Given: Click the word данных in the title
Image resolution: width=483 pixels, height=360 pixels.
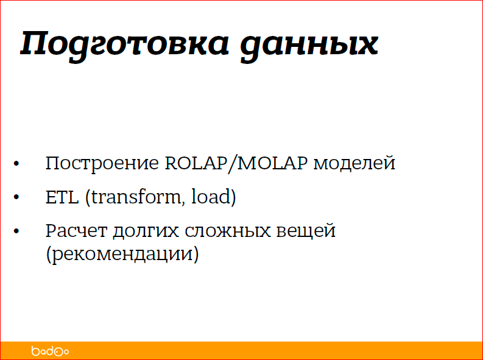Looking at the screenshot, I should pyautogui.click(x=309, y=44).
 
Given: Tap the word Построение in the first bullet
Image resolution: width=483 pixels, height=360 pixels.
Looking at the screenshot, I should pyautogui.click(x=102, y=164).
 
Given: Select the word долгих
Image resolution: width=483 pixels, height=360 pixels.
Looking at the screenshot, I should pyautogui.click(x=139, y=232).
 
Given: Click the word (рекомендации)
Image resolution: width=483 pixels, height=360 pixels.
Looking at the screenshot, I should pyautogui.click(x=122, y=253).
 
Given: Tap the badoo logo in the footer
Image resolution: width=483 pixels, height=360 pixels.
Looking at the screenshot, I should pyautogui.click(x=50, y=351).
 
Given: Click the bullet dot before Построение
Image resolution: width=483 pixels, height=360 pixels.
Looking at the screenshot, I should pyautogui.click(x=16, y=164).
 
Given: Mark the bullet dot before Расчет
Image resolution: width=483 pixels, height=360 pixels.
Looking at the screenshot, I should pyautogui.click(x=16, y=232).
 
